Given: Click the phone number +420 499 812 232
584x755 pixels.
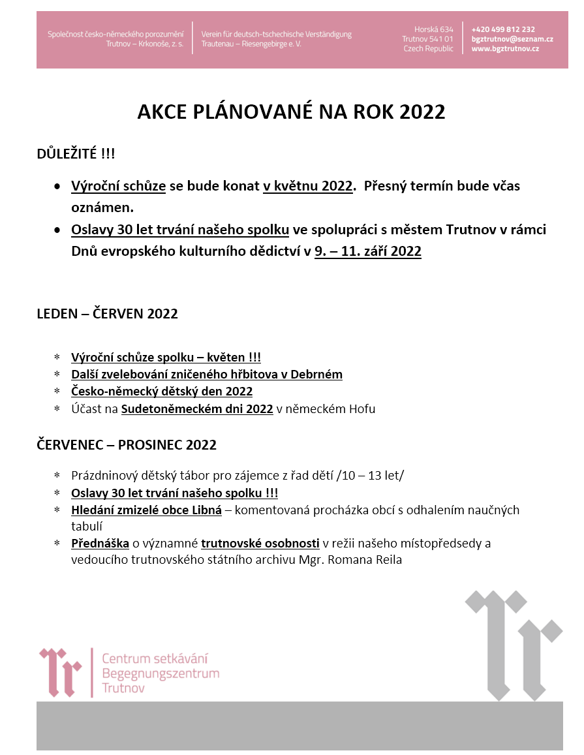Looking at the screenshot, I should pos(503,29).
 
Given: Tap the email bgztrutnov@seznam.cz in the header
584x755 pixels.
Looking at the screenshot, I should pos(512,39).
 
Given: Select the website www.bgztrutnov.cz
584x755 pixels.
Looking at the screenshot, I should pos(505,49).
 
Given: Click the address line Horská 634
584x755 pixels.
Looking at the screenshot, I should pos(433,29).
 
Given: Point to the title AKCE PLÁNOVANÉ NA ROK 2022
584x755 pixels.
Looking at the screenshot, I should pos(291,112).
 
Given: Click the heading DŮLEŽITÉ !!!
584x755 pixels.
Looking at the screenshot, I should pos(76,154).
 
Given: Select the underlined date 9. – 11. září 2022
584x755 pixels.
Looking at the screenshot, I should pos(368,251).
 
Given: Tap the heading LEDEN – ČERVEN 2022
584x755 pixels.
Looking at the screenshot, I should pos(107,314).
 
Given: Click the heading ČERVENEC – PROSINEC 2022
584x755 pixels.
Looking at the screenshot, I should pos(127,446).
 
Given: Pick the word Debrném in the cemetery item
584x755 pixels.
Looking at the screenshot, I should pos(320,375).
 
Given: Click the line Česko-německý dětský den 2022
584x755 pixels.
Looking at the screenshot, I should pos(162,392).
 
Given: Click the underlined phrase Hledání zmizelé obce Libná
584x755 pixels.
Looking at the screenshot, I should pos(147,510).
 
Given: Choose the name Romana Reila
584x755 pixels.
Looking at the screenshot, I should pos(371,560).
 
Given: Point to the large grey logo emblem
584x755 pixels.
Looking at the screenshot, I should pos(514,643).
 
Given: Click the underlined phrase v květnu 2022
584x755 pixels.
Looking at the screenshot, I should pos(308,186).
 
